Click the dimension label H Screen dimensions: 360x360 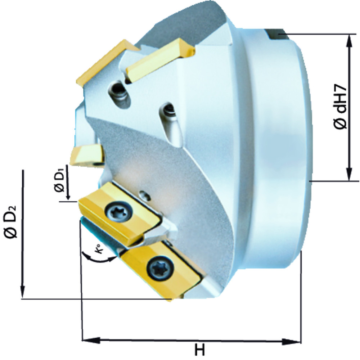[x=200, y=350]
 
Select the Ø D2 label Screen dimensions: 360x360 [x=10, y=221]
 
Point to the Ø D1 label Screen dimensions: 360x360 [x=59, y=180]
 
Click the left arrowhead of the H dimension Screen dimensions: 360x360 [x=91, y=340]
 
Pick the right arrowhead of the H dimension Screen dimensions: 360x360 [x=291, y=342]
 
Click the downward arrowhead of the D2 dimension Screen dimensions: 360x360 [x=22, y=291]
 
